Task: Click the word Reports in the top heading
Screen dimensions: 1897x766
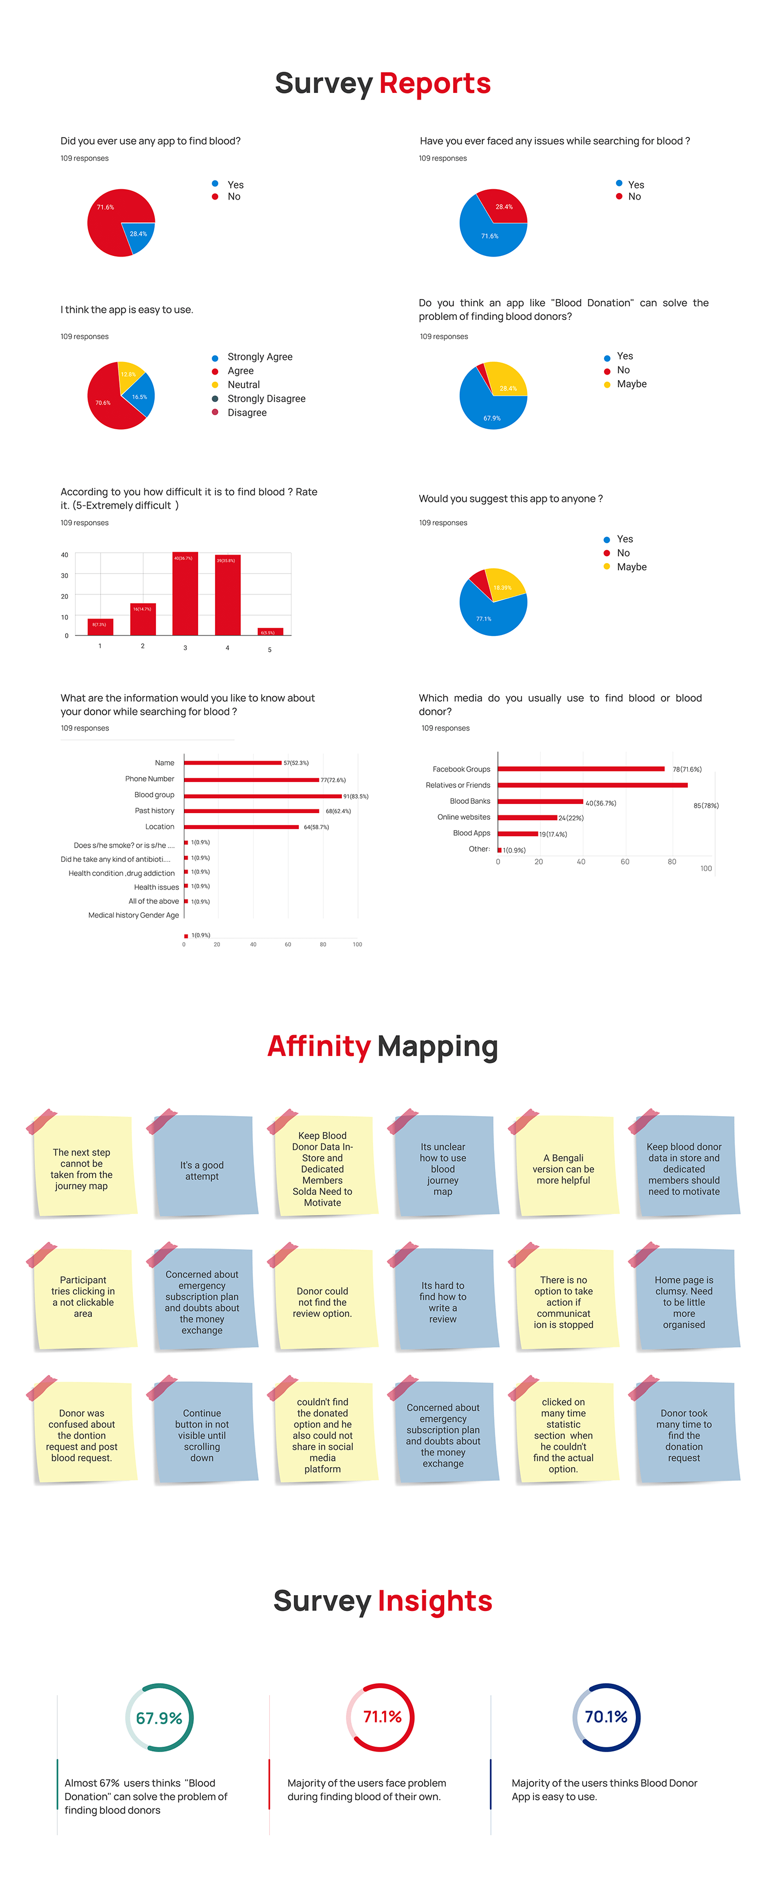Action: [434, 83]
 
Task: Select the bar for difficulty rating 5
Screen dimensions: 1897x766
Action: [270, 631]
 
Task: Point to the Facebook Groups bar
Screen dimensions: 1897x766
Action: [581, 769]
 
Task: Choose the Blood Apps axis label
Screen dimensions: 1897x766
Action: [472, 833]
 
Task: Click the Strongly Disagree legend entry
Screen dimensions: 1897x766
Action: [266, 399]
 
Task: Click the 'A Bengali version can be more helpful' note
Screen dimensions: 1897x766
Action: [564, 1169]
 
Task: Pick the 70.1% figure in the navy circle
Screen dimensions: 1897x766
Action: [606, 1717]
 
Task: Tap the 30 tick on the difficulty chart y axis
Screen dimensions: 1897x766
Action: [65, 576]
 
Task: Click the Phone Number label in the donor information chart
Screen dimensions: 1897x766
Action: [149, 778]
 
